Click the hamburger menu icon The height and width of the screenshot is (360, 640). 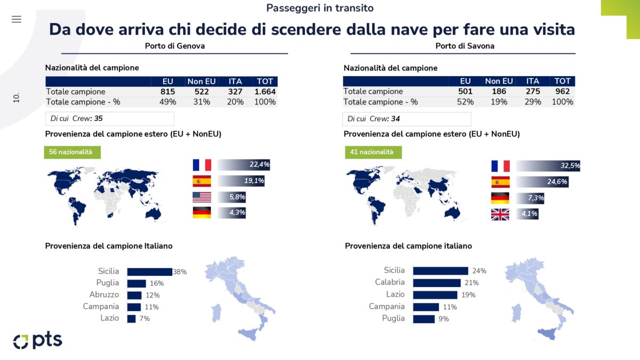[17, 19]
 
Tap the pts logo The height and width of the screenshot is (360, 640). [37, 341]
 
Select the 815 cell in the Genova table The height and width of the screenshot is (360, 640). [167, 92]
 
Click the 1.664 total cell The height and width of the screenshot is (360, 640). [264, 92]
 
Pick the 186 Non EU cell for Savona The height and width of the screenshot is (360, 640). [499, 92]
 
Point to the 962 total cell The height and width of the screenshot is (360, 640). [562, 92]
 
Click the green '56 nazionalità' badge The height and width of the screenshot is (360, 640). [72, 152]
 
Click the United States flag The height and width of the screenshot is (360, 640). [202, 197]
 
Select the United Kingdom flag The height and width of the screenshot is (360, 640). [500, 214]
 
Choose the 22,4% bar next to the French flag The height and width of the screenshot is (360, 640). [244, 165]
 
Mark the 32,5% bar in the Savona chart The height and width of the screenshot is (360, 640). [548, 166]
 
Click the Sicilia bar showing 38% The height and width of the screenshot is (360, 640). [149, 271]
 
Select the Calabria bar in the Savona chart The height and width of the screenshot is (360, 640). [436, 283]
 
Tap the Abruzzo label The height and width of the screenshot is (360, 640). [104, 295]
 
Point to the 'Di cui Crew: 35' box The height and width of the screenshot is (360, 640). [109, 118]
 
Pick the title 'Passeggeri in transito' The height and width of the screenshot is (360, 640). [319, 8]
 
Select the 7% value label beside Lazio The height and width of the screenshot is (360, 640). [145, 318]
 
